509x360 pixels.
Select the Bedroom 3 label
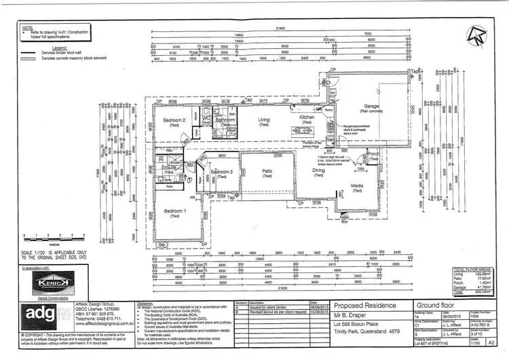[222, 172]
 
